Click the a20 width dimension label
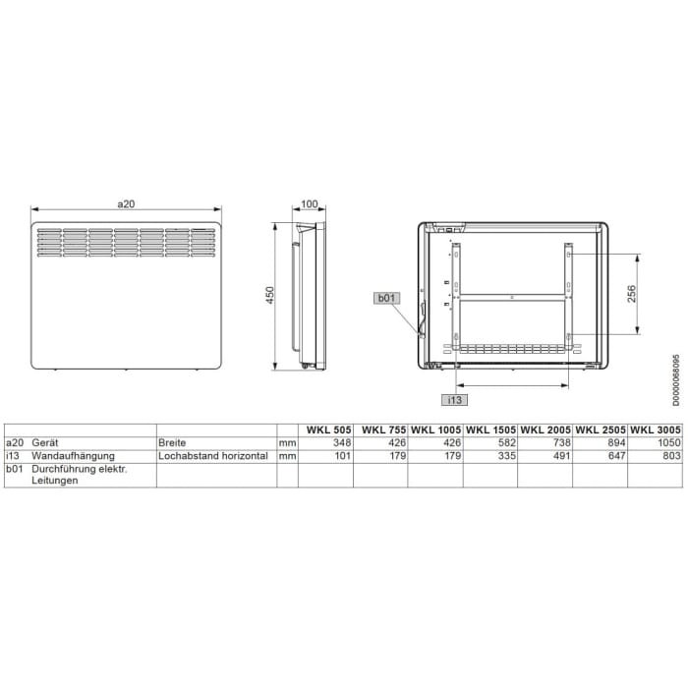[125, 203]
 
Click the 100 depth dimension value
[310, 203]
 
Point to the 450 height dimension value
[269, 296]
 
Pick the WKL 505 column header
[327, 430]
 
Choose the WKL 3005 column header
[655, 430]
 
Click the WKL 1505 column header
[491, 430]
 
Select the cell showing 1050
[669, 443]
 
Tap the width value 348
[341, 443]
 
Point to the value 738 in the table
[560, 443]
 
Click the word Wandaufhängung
[74, 456]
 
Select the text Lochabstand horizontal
[213, 456]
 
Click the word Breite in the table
[173, 443]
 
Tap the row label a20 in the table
[15, 443]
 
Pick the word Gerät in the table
[46, 443]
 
